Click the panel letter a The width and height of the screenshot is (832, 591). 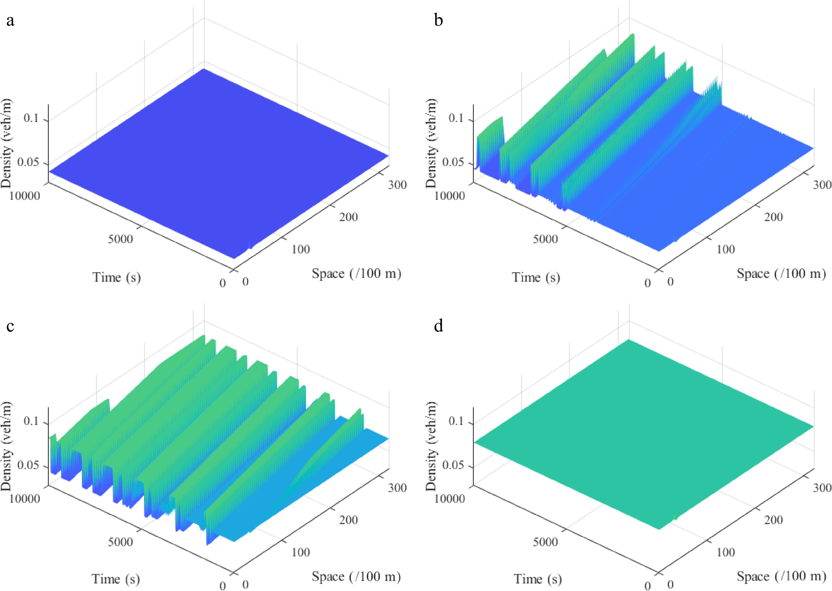(x=10, y=20)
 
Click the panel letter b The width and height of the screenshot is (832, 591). (x=439, y=20)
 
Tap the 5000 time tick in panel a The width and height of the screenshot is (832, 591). (x=120, y=239)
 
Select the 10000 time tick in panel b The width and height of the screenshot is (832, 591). (x=450, y=196)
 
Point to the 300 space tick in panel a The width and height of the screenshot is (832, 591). (x=397, y=185)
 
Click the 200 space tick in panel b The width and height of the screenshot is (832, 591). (x=773, y=217)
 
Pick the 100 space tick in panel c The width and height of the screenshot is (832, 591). (x=301, y=552)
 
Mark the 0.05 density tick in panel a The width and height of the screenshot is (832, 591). (x=28, y=162)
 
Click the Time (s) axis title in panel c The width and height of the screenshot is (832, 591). (x=116, y=579)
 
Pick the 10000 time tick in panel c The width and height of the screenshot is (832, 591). (x=25, y=499)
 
